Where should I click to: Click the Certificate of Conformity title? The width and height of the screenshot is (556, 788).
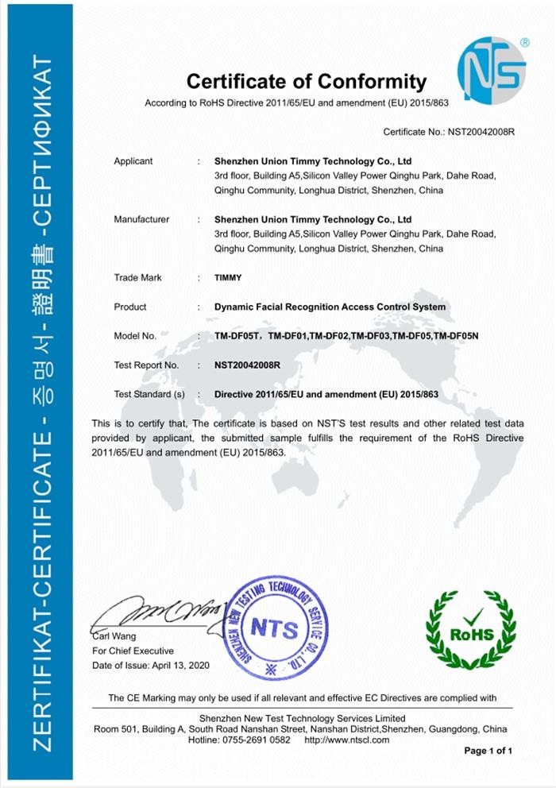coord(306,81)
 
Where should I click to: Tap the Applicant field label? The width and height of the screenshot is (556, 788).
coord(133,161)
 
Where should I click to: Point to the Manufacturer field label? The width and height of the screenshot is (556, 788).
coord(141,219)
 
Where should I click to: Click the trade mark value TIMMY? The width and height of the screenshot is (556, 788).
coord(228,278)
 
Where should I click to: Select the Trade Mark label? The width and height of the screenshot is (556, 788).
coord(137,278)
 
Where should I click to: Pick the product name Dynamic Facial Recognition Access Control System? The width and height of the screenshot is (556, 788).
coord(330,307)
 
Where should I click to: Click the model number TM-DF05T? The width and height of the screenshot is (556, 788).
coord(236,336)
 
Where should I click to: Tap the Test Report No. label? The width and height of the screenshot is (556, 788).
coord(146,365)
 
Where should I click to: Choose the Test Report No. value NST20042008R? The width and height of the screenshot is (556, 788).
coord(247,365)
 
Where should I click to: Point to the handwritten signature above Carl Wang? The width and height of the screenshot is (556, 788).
coord(151,613)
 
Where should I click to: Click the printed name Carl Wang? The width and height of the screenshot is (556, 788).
coord(114,636)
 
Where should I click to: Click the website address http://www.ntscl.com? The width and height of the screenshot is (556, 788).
coord(347,740)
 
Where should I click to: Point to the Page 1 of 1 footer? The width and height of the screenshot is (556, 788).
coord(488,751)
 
